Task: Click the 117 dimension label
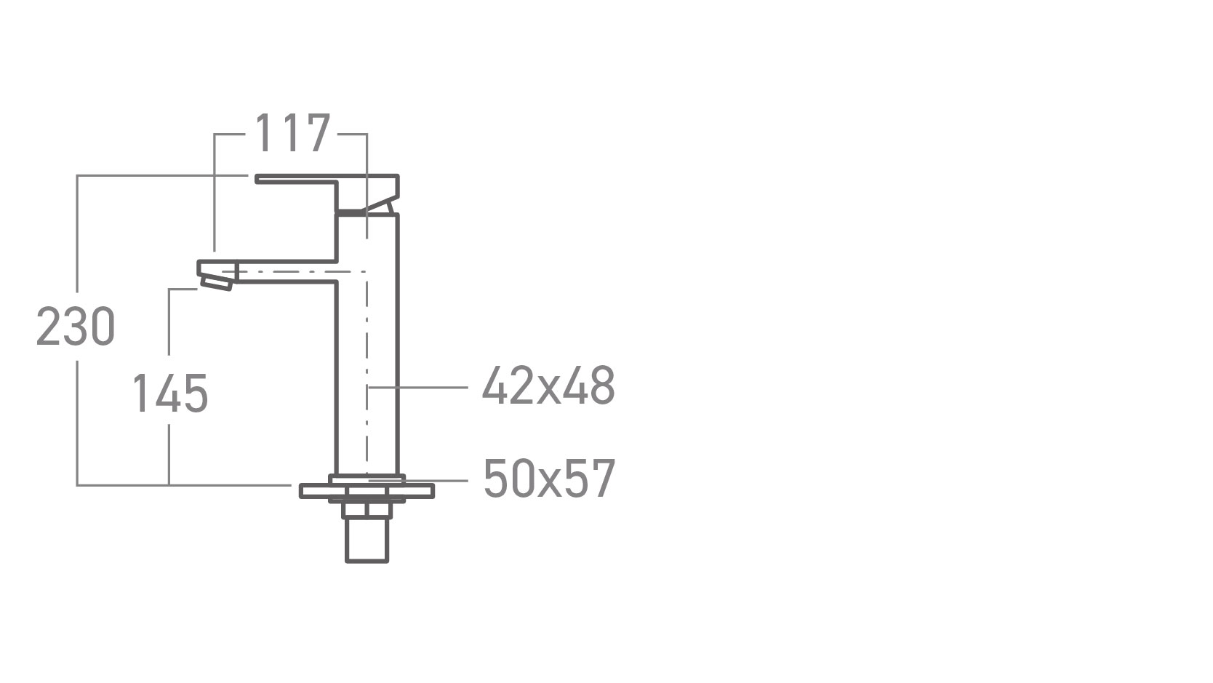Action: click(292, 132)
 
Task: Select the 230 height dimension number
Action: click(76, 326)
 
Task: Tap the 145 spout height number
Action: click(170, 394)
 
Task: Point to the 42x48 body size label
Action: click(548, 385)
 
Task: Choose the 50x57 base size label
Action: click(549, 479)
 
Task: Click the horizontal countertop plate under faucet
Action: click(367, 491)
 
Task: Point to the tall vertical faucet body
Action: click(367, 345)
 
